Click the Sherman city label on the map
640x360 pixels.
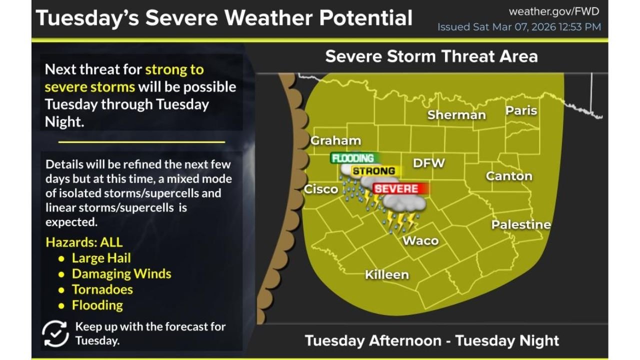pos(456,115)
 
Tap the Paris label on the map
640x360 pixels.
pos(521,110)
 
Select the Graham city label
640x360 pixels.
pos(335,140)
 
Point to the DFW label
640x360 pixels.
pos(428,163)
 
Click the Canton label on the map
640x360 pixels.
pos(509,176)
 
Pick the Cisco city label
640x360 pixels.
pos(321,189)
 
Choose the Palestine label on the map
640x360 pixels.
pos(521,224)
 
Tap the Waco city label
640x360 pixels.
pos(420,240)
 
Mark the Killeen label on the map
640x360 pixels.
pos(386,274)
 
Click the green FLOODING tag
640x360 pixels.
pos(353,158)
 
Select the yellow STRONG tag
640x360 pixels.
pos(374,171)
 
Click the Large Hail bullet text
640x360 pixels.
pos(101,258)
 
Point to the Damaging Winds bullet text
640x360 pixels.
pos(121,274)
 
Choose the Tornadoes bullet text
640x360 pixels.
pos(102,289)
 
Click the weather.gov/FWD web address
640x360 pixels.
pos(553,11)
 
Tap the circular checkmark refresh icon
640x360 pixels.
pos(55,334)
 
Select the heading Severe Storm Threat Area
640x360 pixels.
pos(431,56)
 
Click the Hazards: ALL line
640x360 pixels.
pos(84,242)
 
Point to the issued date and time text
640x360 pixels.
pos(519,27)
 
